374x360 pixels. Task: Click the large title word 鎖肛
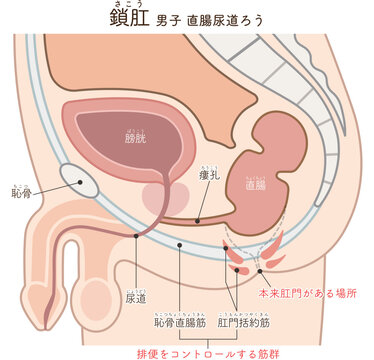pos(129,18)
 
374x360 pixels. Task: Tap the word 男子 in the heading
pos(170,20)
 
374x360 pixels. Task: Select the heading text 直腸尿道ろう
pos(227,20)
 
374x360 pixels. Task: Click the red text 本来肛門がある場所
pos(311,296)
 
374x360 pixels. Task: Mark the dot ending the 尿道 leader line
pos(134,236)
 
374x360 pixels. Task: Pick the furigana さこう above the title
pos(129,4)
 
